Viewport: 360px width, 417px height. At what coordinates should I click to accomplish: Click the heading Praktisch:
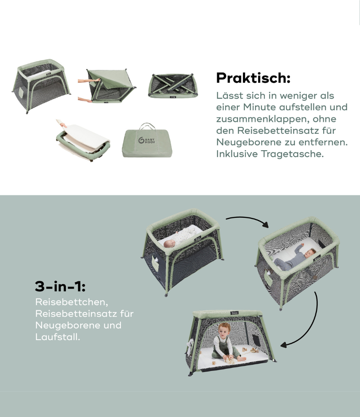253,78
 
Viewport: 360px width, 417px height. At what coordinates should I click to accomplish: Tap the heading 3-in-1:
60,287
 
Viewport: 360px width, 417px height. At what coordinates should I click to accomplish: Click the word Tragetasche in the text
292,154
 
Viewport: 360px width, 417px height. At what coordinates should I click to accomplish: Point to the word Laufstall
57,337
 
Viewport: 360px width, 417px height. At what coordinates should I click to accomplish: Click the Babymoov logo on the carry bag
147,140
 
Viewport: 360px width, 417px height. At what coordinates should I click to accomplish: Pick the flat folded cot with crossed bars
173,85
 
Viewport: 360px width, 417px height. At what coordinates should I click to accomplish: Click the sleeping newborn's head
169,244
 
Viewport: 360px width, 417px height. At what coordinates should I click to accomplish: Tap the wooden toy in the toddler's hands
230,361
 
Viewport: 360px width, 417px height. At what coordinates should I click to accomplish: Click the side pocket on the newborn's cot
155,264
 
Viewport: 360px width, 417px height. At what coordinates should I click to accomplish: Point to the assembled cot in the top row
41,86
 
